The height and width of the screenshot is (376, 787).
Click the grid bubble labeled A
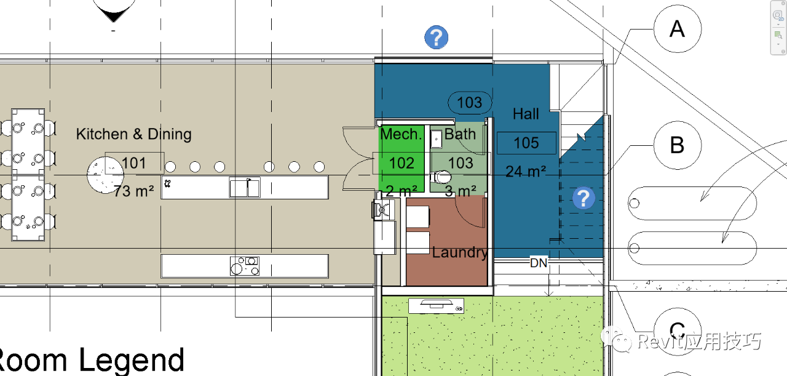click(x=678, y=29)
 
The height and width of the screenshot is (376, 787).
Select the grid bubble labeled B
click(x=678, y=145)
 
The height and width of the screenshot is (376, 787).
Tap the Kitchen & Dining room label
click(x=134, y=134)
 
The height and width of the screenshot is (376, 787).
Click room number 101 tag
click(x=135, y=163)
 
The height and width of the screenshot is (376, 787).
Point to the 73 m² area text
click(x=134, y=191)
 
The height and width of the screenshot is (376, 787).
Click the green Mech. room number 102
click(x=401, y=163)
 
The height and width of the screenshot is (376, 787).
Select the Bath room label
click(x=460, y=134)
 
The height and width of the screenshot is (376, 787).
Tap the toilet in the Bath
click(x=441, y=177)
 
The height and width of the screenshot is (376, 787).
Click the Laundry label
click(x=460, y=252)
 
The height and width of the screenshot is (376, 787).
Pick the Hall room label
click(x=526, y=114)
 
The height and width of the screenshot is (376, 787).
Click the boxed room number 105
click(x=526, y=143)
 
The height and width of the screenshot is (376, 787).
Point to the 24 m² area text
click(x=526, y=171)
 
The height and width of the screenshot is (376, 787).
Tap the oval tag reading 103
click(x=470, y=103)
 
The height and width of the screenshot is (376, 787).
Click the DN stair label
click(x=539, y=263)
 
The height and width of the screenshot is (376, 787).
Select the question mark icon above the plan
click(x=437, y=37)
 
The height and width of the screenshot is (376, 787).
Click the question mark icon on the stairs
click(x=583, y=198)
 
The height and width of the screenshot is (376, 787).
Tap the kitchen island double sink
click(x=245, y=187)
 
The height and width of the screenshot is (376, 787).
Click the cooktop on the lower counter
click(x=245, y=266)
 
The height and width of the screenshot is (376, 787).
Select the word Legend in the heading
click(x=132, y=360)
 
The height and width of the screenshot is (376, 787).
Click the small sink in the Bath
click(x=437, y=139)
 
